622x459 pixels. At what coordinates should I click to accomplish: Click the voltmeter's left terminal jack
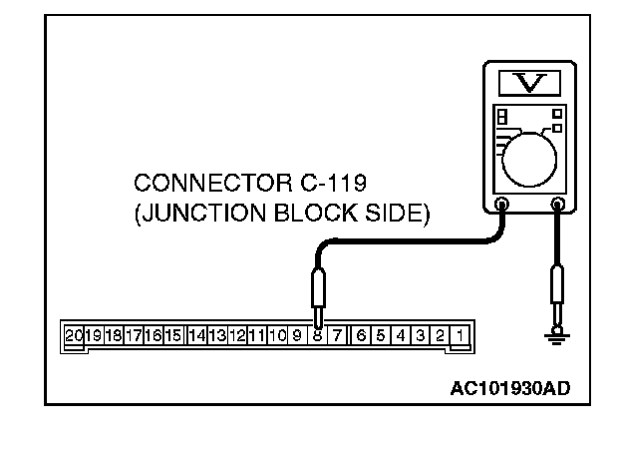[501, 207]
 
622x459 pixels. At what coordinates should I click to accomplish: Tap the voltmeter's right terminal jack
[557, 207]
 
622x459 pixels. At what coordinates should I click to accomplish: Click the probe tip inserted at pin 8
[317, 317]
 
